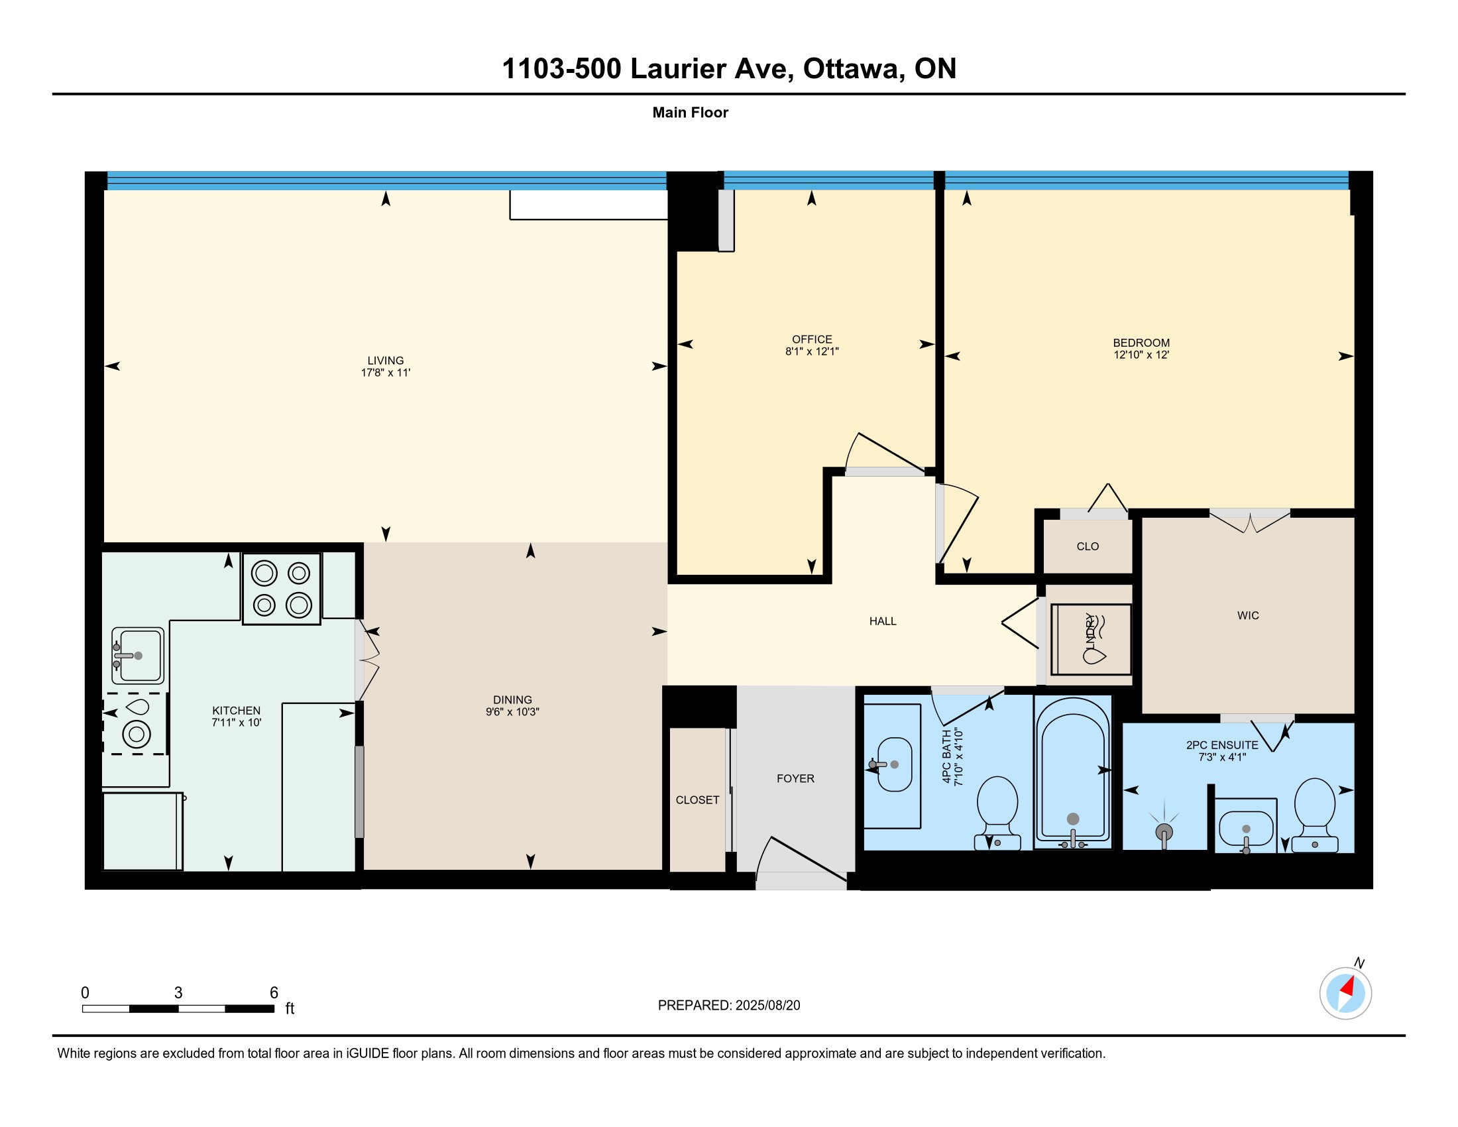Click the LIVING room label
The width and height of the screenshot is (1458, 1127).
tap(385, 361)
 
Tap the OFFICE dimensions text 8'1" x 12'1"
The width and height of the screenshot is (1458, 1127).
tap(812, 352)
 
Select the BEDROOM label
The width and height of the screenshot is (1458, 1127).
tap(1141, 343)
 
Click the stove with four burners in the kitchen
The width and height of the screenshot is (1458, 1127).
tap(281, 589)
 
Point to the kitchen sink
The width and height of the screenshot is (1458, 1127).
tap(138, 656)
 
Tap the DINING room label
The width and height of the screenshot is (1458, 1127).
tap(512, 700)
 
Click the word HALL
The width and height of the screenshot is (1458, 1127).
tap(883, 622)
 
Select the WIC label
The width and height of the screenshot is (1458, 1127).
tap(1248, 616)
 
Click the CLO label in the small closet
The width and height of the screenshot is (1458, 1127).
tap(1088, 547)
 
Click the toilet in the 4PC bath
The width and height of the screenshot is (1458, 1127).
tap(997, 813)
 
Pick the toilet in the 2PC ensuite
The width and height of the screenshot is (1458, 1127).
tap(1314, 815)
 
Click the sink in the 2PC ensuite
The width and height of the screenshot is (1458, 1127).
tap(1246, 829)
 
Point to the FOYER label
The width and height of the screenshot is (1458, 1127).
tap(795, 779)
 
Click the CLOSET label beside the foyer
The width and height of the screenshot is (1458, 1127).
tap(697, 801)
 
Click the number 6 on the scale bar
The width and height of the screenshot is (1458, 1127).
tap(274, 993)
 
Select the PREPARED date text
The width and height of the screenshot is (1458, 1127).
tap(728, 1006)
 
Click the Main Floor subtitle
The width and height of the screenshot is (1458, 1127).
tap(691, 113)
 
